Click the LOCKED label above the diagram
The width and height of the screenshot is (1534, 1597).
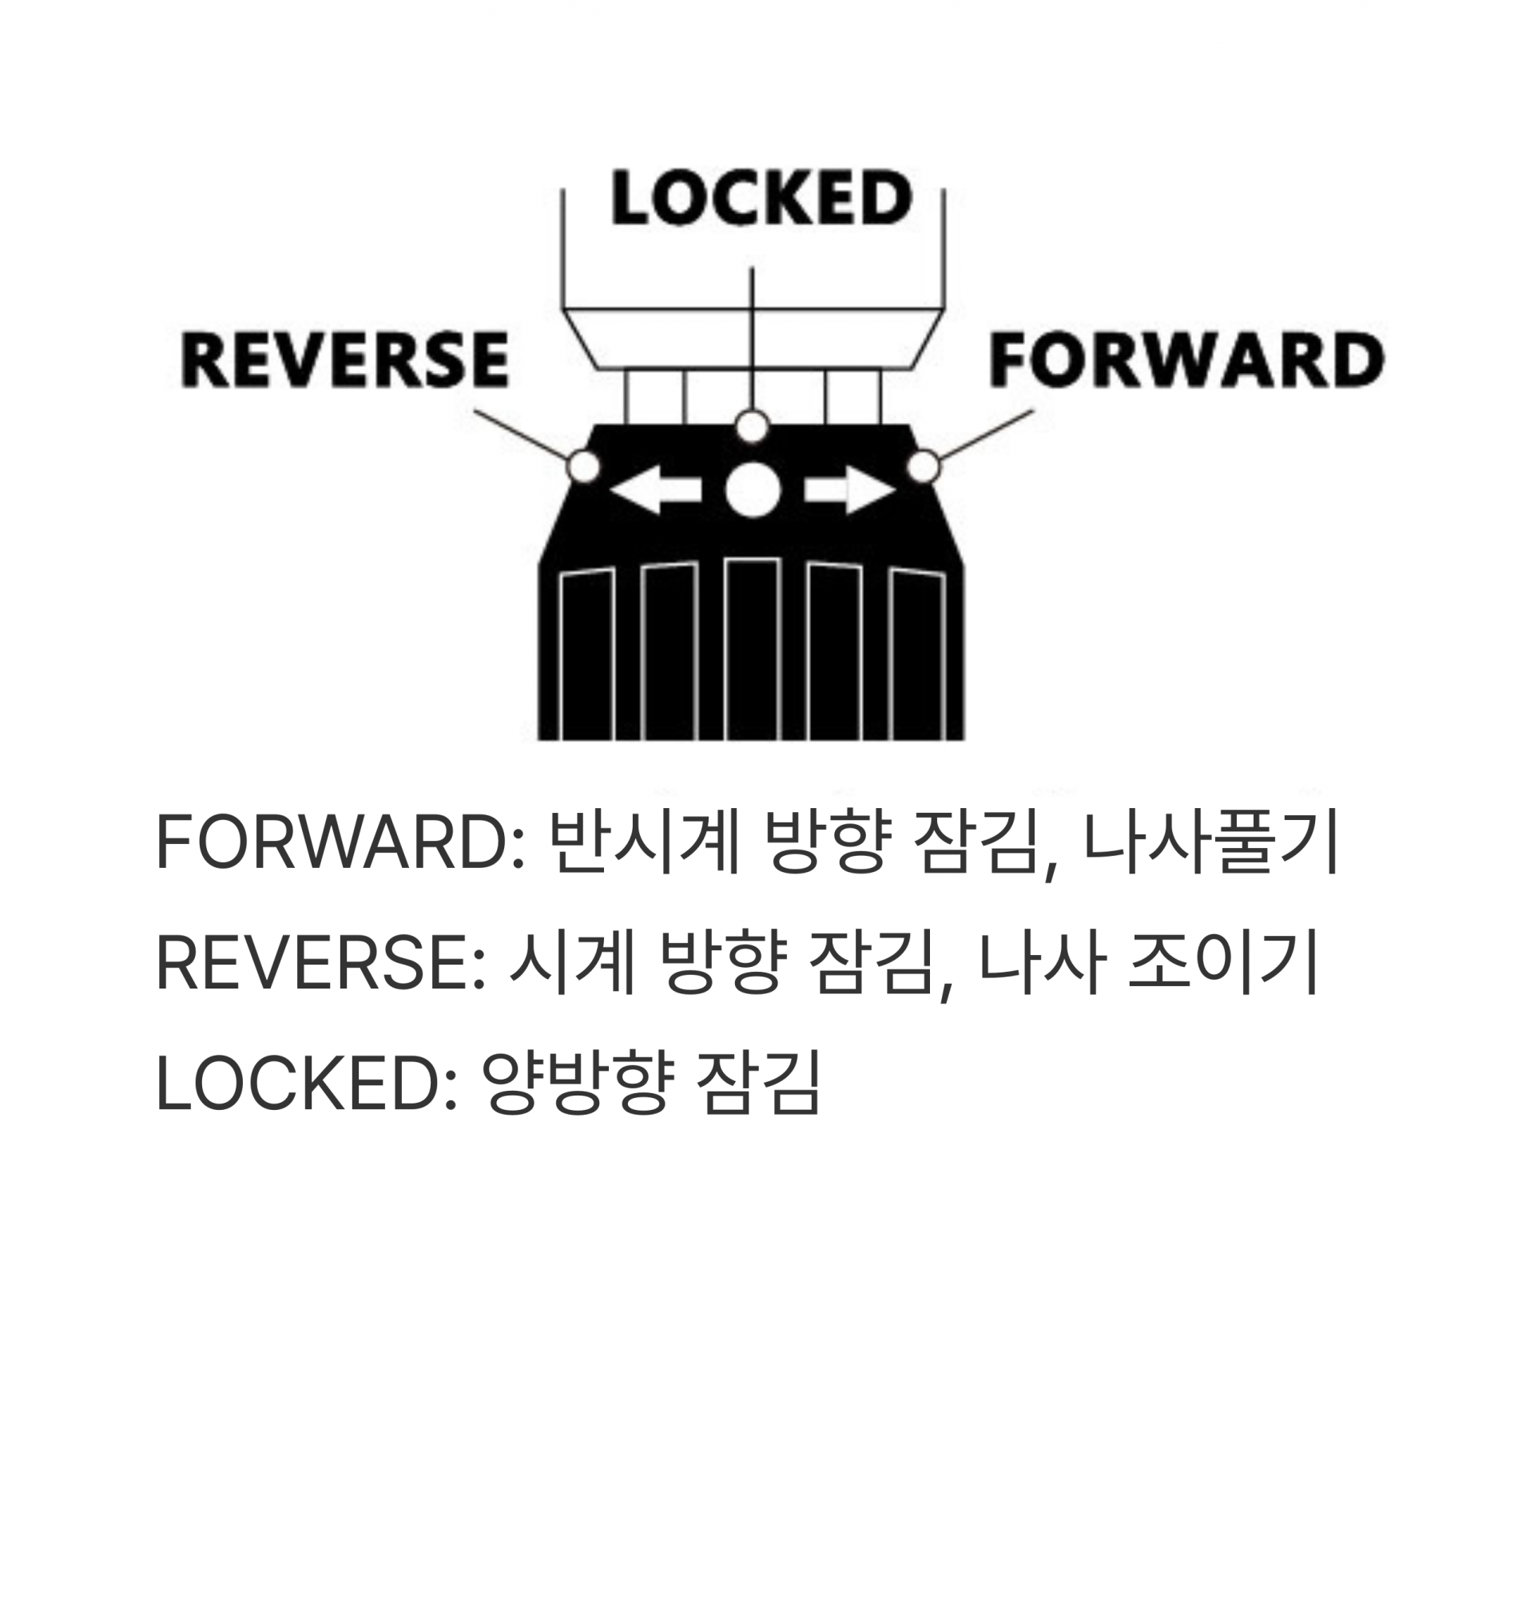(761, 198)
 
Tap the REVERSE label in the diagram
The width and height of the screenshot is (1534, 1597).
(345, 359)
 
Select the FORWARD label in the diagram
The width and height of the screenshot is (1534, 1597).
(1186, 359)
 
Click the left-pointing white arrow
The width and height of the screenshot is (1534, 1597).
(655, 490)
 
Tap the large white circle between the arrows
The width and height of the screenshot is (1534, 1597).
(753, 489)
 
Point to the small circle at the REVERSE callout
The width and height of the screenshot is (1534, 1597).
(583, 467)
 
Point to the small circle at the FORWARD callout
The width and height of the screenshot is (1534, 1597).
(923, 467)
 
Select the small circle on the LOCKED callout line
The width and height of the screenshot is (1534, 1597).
(752, 426)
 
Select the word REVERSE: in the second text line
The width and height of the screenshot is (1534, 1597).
(320, 963)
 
